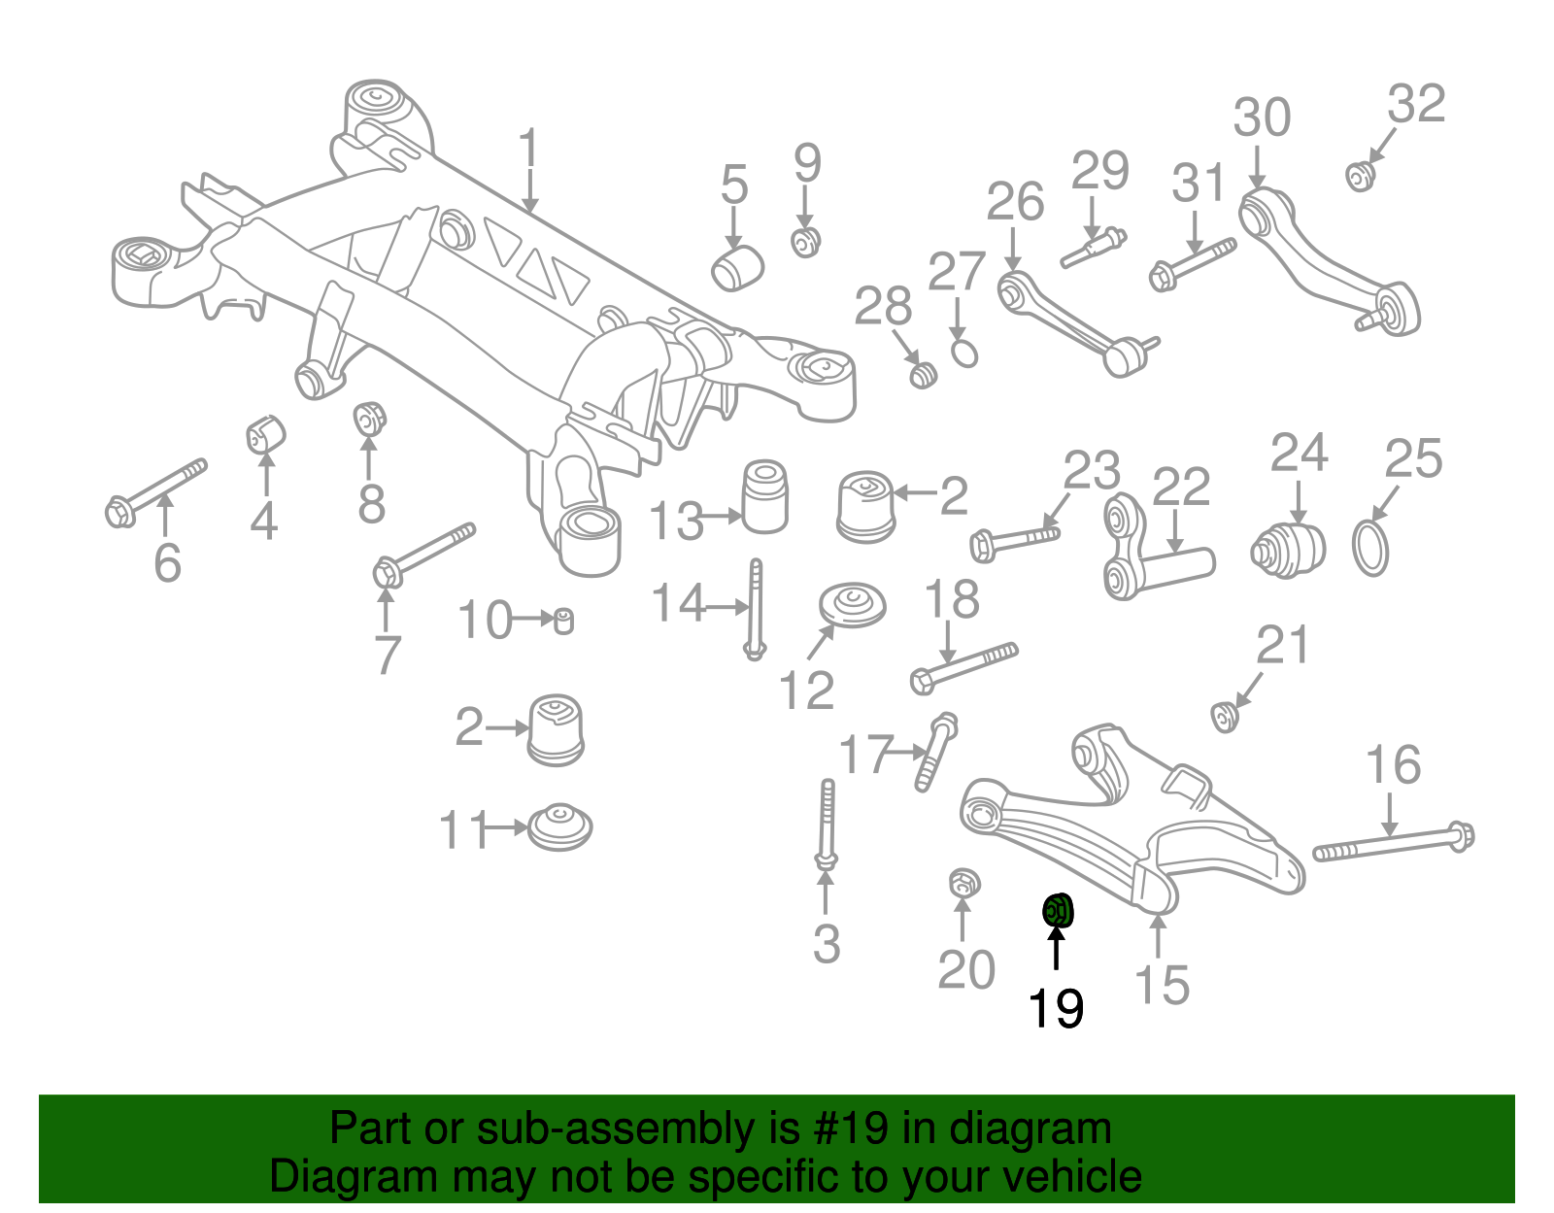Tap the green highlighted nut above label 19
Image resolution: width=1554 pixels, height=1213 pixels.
[x=1058, y=911]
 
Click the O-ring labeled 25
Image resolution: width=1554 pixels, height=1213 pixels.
[x=1370, y=548]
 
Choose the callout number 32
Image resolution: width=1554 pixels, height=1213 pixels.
[x=1416, y=104]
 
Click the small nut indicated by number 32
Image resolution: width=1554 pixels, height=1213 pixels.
[x=1360, y=177]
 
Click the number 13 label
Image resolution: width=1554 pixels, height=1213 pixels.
[x=676, y=522]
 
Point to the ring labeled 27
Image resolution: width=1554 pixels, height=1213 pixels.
[x=963, y=353]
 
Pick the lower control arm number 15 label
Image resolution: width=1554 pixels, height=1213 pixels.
[x=1162, y=985]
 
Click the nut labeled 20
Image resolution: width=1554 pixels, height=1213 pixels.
[x=963, y=885]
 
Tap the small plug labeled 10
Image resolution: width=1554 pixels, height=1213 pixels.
[x=562, y=620]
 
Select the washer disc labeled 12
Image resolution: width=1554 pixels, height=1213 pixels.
[x=852, y=606]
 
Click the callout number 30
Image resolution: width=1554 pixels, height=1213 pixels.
[x=1262, y=118]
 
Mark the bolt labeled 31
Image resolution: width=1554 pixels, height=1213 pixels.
[x=1193, y=261]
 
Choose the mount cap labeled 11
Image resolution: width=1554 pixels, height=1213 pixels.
[x=560, y=827]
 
